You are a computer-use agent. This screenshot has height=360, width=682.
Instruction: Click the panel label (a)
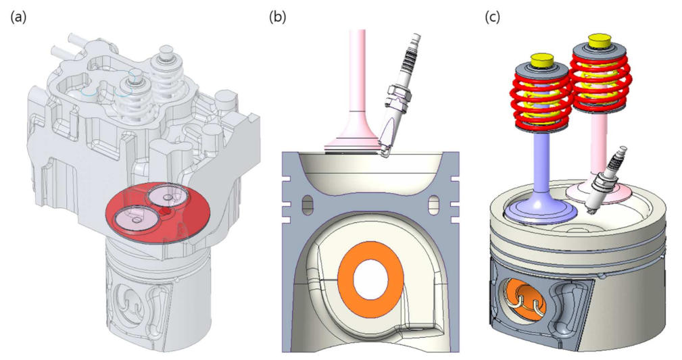18,17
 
